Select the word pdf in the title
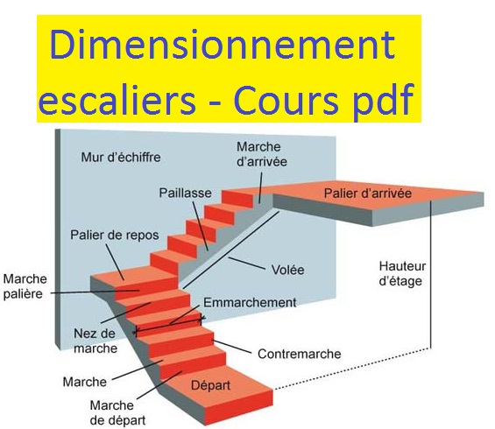coord(379,102)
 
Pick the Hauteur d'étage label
coord(400,273)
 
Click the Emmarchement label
coord(250,302)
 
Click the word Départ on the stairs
coord(210,383)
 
